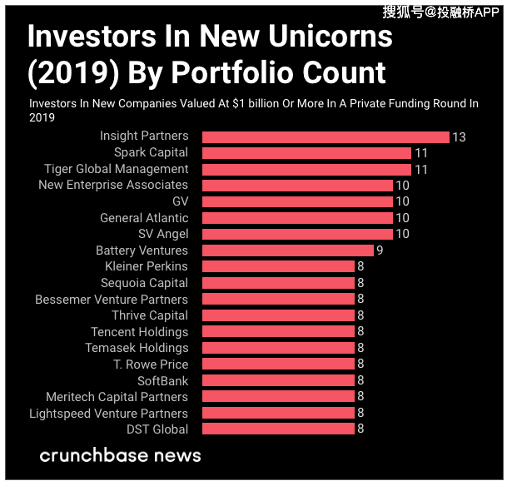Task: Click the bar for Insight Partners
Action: click(325, 136)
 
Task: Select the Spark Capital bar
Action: click(306, 153)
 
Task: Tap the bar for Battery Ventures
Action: click(287, 250)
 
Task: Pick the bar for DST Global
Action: click(278, 429)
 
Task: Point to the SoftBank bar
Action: click(278, 381)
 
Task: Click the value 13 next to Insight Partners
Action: click(459, 136)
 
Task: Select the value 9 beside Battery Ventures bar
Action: click(380, 250)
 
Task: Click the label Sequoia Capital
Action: click(145, 283)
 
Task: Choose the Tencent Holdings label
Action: click(140, 332)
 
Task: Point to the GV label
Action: click(180, 201)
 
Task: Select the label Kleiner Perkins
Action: click(147, 266)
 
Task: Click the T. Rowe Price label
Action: click(151, 364)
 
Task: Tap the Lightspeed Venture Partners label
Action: click(109, 414)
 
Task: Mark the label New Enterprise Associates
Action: click(113, 185)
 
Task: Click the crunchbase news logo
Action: click(120, 455)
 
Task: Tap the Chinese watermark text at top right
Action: click(440, 12)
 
